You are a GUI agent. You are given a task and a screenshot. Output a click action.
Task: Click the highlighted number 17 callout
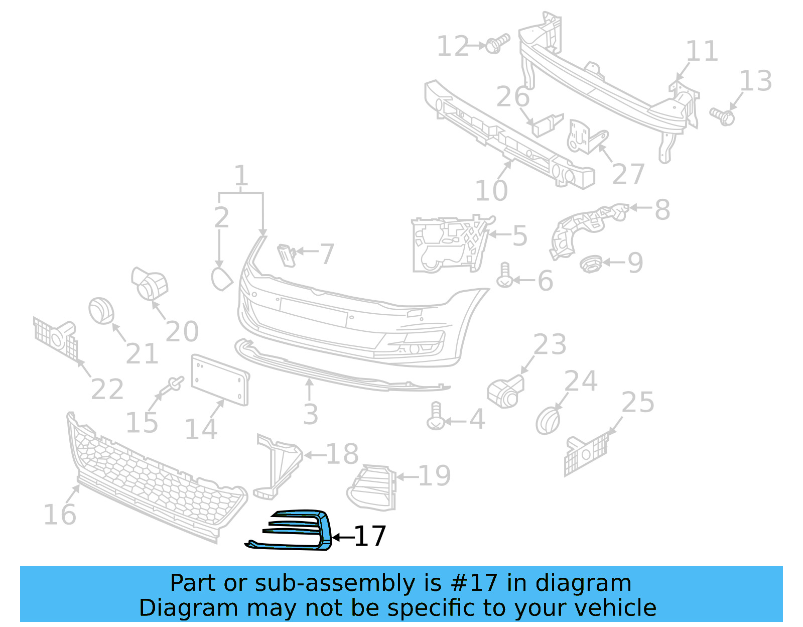[x=370, y=536]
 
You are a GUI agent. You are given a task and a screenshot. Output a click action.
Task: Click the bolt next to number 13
[x=723, y=116]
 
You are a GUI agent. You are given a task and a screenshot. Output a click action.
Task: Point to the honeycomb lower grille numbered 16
[x=156, y=477]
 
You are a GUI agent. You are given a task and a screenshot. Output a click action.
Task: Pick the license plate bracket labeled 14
[x=219, y=379]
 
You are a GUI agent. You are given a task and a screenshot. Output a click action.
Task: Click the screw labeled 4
[x=435, y=416]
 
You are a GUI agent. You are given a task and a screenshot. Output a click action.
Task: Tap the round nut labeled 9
[x=591, y=263]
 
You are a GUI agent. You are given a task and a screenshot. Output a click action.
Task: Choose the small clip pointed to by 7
[x=287, y=254]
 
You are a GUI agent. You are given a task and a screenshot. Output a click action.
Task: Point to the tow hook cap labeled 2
[x=221, y=279]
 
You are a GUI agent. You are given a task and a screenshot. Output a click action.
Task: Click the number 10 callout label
[x=491, y=191]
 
